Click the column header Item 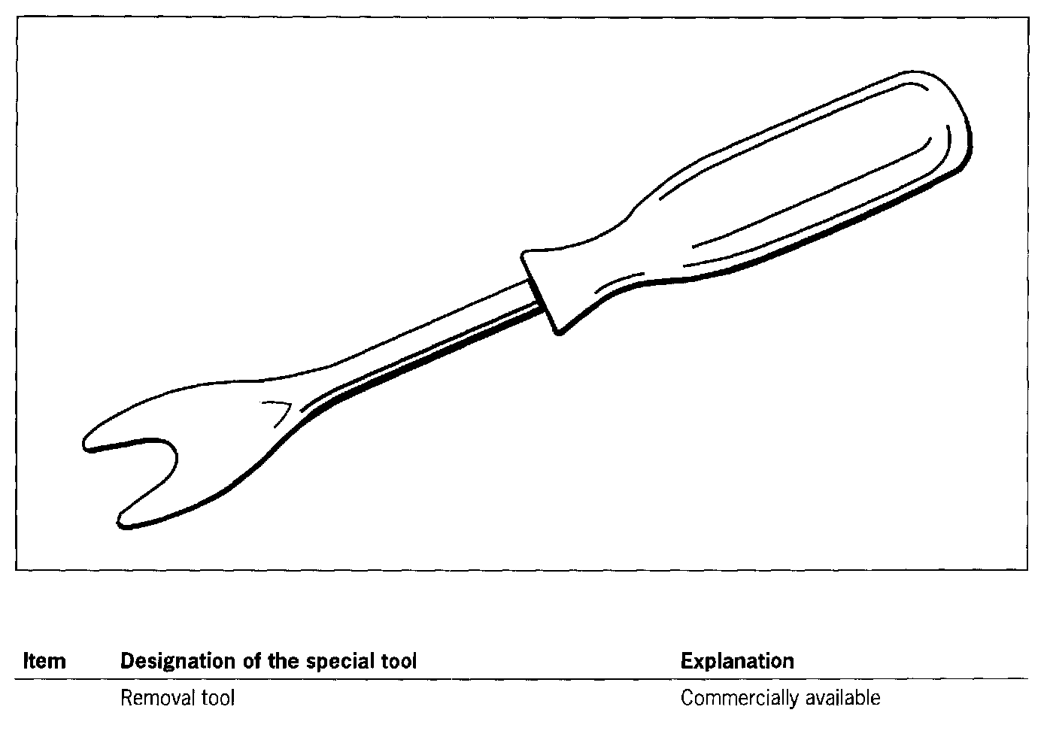(44, 661)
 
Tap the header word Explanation (737, 661)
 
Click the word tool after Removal (218, 698)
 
